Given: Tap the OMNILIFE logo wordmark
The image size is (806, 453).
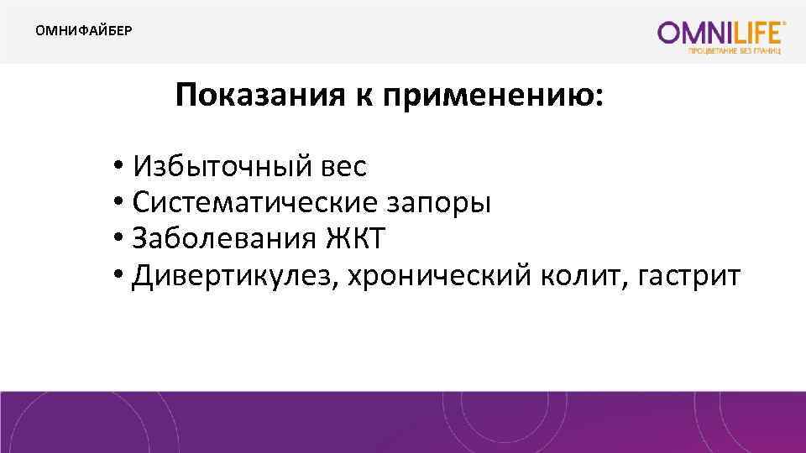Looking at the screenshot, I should [x=720, y=33].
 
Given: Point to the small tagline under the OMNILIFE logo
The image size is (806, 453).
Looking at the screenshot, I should [x=735, y=52].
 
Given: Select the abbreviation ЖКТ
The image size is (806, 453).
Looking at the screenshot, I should [x=354, y=239].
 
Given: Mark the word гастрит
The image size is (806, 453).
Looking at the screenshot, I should [x=693, y=275].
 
